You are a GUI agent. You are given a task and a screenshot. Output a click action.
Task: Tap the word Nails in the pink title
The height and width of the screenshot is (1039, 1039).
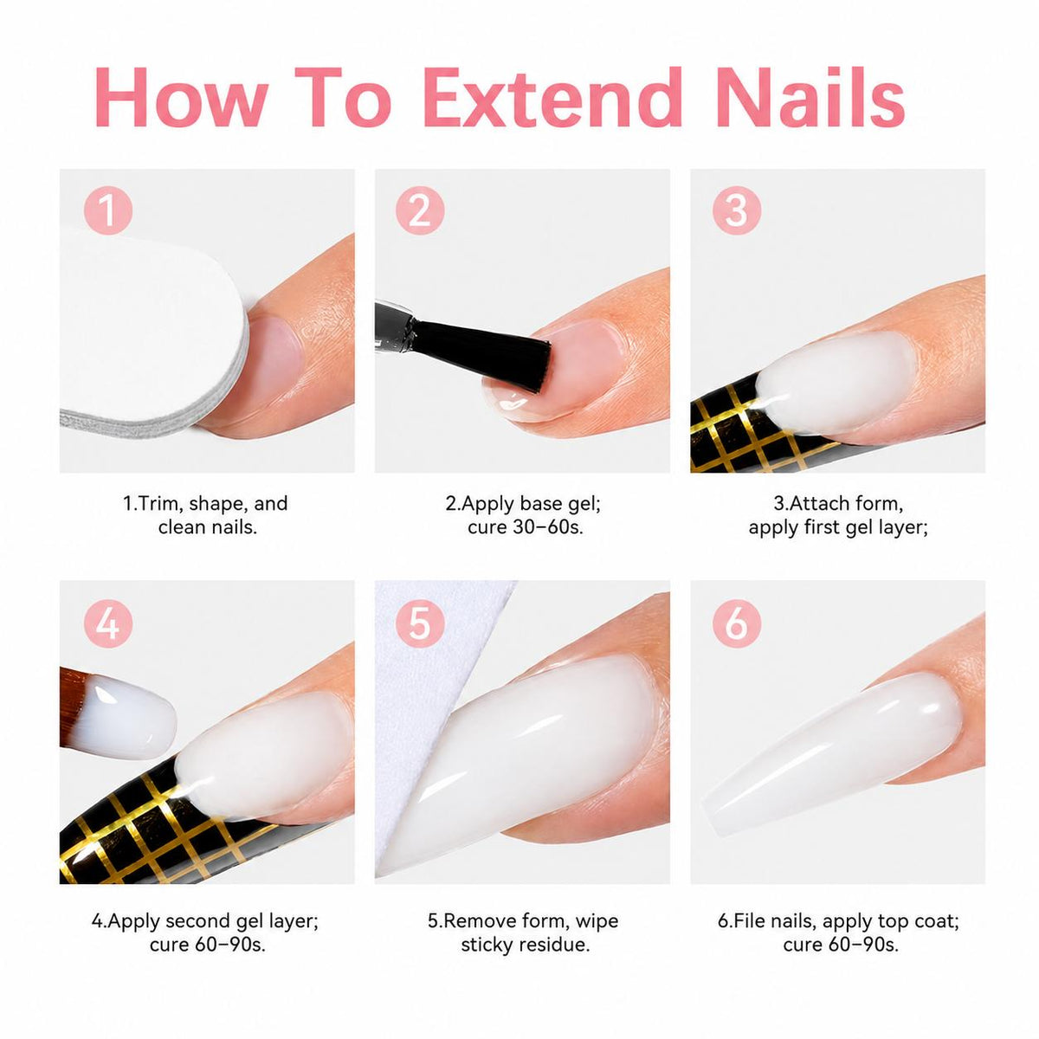click(810, 97)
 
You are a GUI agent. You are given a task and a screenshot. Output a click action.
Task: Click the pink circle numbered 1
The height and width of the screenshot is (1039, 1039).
click(108, 210)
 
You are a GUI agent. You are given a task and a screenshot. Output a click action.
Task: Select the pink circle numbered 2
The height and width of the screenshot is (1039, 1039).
click(420, 210)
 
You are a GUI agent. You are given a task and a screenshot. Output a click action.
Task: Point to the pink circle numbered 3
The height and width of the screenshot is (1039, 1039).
click(737, 210)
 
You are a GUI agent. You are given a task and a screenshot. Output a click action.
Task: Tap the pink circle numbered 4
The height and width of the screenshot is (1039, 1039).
click(108, 623)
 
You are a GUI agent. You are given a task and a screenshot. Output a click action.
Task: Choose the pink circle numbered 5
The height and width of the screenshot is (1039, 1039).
click(420, 623)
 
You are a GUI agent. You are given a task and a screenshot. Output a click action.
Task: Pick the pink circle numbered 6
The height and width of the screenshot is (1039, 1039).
click(737, 623)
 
